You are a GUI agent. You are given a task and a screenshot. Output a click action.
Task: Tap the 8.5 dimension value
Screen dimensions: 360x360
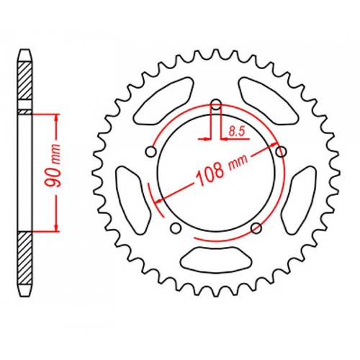(x=235, y=130)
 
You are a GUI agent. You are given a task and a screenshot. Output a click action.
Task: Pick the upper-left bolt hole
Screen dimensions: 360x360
(x=150, y=152)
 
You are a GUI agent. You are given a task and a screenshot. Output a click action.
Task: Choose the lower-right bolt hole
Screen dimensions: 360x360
(x=257, y=228)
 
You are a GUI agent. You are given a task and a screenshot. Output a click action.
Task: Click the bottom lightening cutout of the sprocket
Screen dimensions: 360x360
(x=217, y=258)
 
